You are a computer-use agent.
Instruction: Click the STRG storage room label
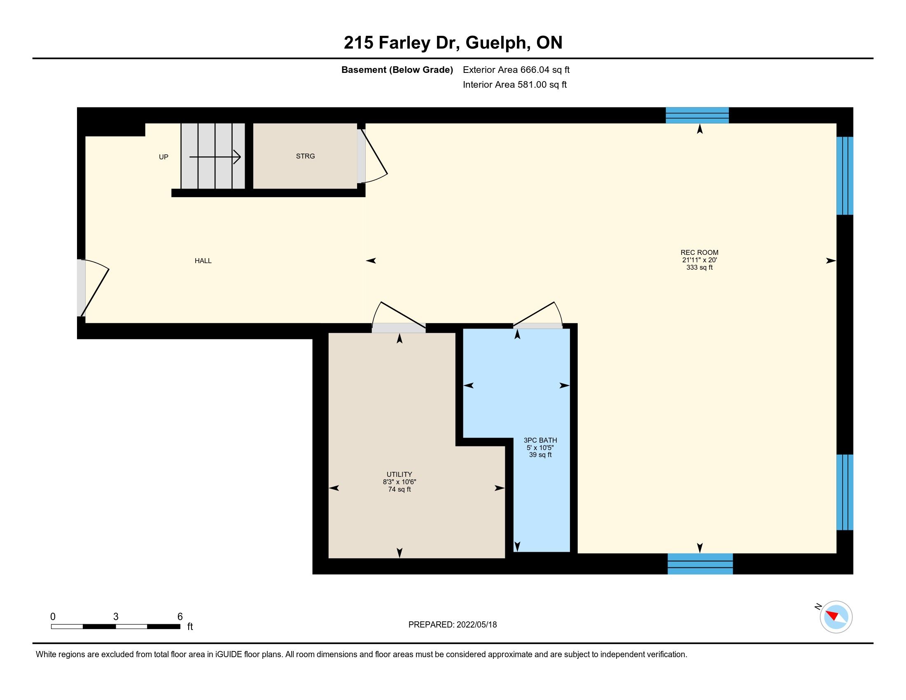point(305,156)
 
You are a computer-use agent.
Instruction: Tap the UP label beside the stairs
point(163,157)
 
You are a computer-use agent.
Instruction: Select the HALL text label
point(203,261)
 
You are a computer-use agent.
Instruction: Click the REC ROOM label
point(699,252)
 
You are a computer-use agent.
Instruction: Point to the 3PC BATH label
point(540,441)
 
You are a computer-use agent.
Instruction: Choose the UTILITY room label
point(399,474)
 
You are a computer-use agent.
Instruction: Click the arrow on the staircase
point(215,157)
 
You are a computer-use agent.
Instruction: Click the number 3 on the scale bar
point(116,617)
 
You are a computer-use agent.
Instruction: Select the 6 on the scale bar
point(180,617)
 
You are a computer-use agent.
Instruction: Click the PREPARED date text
point(453,625)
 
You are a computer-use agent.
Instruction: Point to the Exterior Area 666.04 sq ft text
point(516,70)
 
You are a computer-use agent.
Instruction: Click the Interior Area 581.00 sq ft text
point(515,84)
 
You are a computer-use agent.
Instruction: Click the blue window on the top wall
point(697,115)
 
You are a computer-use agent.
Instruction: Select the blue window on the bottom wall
point(700,564)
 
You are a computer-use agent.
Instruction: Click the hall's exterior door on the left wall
point(93,288)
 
